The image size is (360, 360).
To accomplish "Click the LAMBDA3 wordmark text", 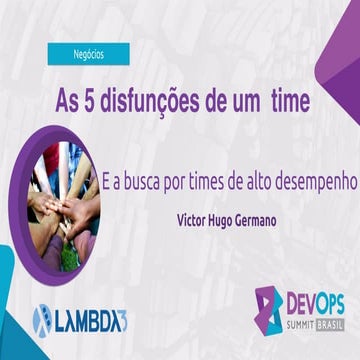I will pyautogui.click(x=84, y=320).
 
